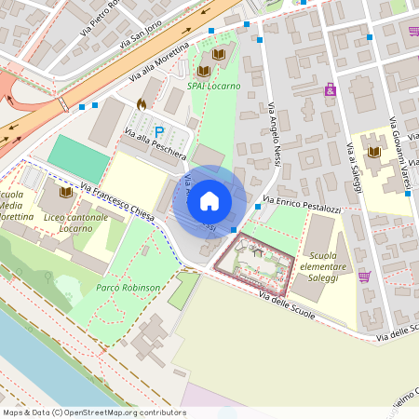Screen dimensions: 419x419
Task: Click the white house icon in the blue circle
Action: [209, 201]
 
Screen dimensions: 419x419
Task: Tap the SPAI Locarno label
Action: [213, 86]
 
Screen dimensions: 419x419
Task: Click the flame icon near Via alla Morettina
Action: [141, 104]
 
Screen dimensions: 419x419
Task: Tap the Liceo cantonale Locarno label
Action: [75, 223]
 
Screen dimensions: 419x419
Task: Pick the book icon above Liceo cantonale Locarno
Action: [65, 192]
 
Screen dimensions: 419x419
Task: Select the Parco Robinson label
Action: [128, 288]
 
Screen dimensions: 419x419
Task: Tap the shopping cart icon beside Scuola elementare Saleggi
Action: [364, 277]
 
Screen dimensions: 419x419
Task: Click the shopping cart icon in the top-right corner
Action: [413, 31]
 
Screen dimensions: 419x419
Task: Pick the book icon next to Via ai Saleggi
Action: [374, 153]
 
